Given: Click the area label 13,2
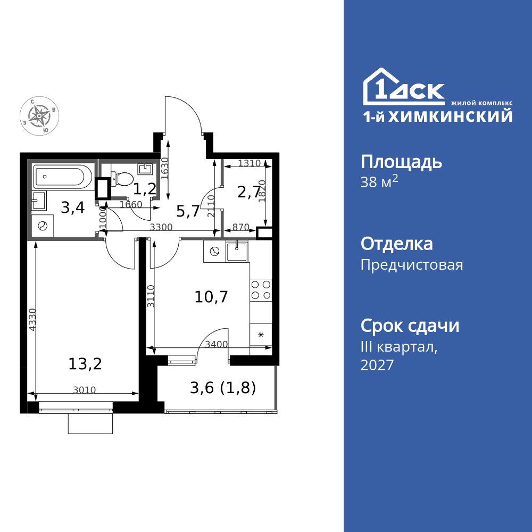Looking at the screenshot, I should pos(85,364).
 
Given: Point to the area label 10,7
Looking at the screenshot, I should pos(211,297).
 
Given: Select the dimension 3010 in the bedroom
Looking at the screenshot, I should pos(84,390).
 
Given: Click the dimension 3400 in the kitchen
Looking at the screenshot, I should pos(215,344).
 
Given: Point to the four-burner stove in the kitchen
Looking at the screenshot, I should pos(261,289).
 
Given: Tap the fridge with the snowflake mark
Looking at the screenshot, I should pos(261,334).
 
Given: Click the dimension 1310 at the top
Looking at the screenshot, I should pos(249,163).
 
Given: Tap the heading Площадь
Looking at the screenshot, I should pos(401,161).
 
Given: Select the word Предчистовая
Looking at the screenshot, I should pos(411,264).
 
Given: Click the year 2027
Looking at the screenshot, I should pos(377,365).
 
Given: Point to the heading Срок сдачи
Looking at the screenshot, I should pos(410,326).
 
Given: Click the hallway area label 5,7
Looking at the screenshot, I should pos(188,211).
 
